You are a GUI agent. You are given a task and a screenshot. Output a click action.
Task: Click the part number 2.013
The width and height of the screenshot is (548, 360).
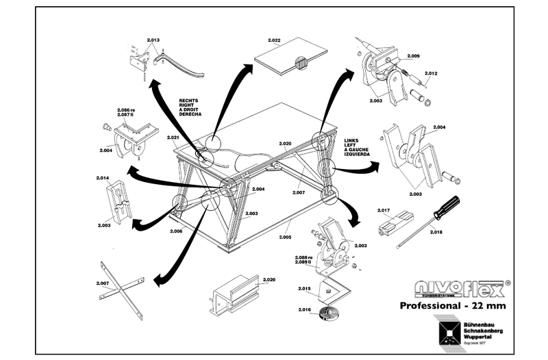(153, 40)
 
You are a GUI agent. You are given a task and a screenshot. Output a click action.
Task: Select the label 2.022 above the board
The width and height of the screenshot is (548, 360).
(274, 40)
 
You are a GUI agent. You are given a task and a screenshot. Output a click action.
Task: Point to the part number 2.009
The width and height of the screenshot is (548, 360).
(413, 55)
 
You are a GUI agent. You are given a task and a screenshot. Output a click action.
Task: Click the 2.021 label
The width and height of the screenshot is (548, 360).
(173, 138)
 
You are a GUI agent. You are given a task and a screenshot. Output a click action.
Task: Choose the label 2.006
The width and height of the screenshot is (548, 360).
(176, 231)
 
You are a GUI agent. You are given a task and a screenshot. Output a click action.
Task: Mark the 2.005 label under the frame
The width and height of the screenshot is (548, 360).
(286, 237)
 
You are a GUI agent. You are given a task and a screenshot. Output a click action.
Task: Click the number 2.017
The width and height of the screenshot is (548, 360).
(384, 210)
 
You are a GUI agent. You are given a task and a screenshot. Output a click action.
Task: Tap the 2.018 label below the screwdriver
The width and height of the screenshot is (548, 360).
(436, 233)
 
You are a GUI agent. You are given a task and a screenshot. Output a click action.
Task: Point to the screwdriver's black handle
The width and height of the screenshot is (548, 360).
(447, 207)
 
